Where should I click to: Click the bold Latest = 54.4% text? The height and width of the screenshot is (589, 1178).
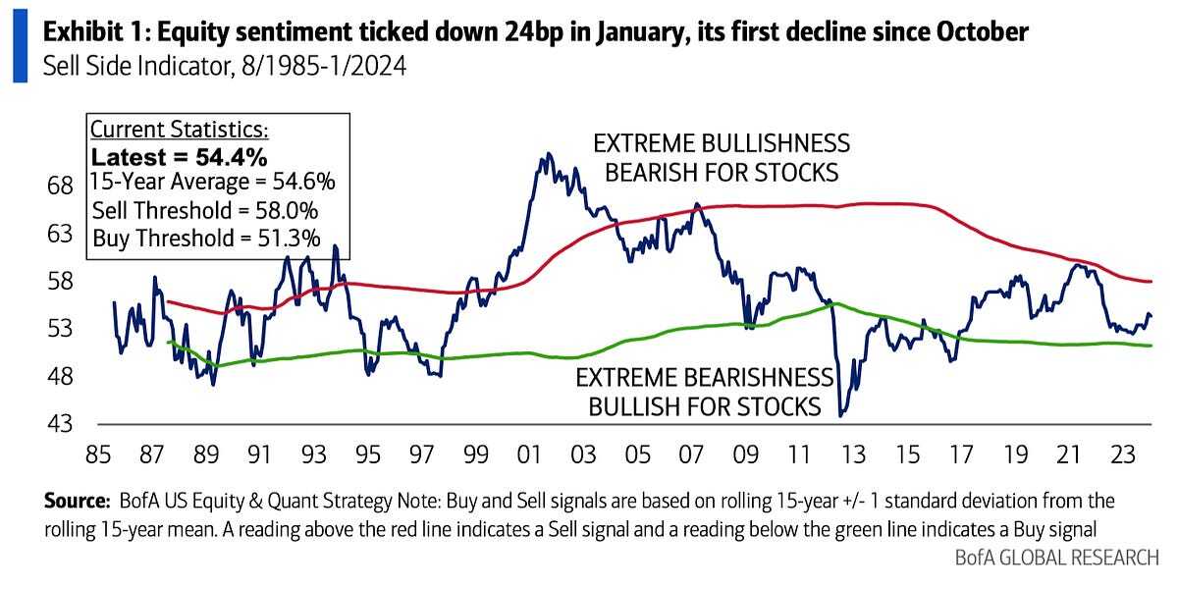tap(180, 157)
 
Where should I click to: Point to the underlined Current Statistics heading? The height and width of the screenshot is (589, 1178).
tap(179, 131)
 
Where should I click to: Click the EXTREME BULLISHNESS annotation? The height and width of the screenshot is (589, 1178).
tap(722, 144)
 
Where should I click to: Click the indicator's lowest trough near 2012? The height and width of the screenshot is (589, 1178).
tap(840, 416)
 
